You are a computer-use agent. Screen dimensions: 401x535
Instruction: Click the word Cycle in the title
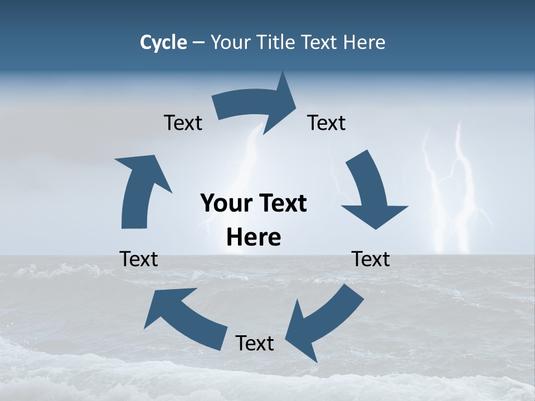[x=163, y=42]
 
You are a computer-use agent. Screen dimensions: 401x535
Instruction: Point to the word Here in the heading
[x=365, y=42]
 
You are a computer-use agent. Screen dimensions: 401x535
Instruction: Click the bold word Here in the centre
[x=254, y=238]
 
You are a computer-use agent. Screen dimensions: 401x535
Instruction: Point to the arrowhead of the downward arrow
[x=376, y=214]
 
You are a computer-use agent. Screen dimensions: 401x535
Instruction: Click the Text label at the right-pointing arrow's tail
[x=183, y=123]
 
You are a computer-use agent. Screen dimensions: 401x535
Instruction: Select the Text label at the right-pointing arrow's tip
[x=327, y=123]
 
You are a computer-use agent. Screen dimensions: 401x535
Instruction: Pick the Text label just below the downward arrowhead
[x=371, y=259]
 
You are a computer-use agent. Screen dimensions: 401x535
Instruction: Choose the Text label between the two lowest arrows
[x=255, y=343]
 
